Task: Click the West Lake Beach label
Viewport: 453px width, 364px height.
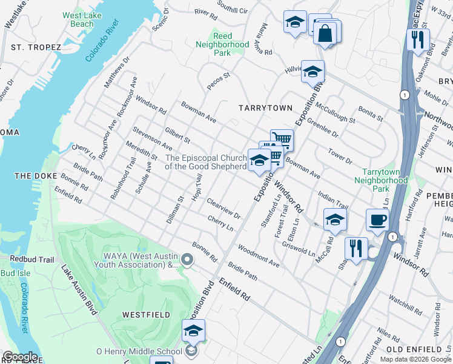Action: point(78,19)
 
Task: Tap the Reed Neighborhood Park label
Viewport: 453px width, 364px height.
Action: point(222,44)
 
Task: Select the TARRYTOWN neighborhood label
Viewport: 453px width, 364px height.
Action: point(265,107)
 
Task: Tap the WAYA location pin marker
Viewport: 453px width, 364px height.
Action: point(187,260)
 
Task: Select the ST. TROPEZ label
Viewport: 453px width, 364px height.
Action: point(36,47)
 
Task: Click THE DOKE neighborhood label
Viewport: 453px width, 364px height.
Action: point(31,176)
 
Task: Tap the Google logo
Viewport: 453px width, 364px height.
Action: point(20,357)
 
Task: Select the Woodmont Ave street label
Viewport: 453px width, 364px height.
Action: point(259,256)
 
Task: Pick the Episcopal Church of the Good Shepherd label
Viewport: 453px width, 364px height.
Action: point(206,162)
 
